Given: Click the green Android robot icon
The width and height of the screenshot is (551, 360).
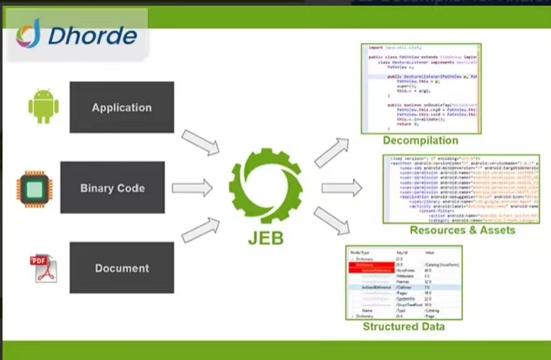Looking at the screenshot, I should tap(43, 106).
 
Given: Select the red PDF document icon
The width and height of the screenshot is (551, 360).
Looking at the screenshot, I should tap(43, 267).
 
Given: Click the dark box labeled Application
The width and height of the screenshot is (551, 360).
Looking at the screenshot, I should tap(121, 107).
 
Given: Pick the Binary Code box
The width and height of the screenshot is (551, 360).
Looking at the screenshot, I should tap(113, 188).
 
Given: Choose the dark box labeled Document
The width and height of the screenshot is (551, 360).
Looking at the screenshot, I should tap(121, 267).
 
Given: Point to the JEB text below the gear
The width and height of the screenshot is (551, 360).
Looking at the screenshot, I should tap(265, 239).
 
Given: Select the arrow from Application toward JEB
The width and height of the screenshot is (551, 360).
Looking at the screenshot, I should tap(201, 142).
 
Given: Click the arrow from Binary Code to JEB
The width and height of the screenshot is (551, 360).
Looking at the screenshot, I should tap(192, 188).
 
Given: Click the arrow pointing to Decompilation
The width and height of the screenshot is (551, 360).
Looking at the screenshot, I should tap(331, 153).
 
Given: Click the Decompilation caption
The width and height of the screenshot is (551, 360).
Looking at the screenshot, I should tap(420, 140).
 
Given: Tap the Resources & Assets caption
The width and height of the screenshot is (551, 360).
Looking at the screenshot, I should tap(462, 230).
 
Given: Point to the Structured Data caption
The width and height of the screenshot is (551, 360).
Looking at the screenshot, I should tap(403, 327).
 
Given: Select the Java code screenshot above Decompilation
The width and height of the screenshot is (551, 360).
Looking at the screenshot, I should tap(421, 88).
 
